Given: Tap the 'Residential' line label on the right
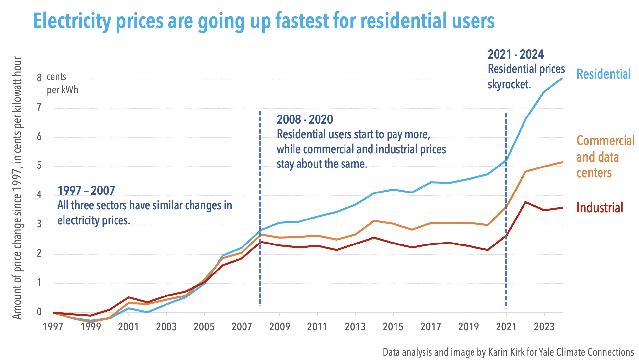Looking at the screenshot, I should point(604,74).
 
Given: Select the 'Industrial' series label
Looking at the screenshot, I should point(600,208).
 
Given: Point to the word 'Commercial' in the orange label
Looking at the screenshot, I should point(605,141).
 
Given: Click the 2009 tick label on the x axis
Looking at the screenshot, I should point(279,327).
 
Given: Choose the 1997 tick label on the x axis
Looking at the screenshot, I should point(53,327).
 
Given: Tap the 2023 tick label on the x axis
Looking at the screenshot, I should point(544,327).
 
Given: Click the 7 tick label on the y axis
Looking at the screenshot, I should point(39,107).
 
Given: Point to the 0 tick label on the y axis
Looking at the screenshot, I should point(39,312).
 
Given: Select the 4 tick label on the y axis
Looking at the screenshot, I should point(39,195).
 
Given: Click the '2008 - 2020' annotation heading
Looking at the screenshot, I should point(305,119).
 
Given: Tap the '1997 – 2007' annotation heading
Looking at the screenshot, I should point(86,191).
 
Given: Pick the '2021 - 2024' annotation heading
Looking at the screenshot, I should point(515,54).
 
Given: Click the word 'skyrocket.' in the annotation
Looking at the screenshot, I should point(509,84).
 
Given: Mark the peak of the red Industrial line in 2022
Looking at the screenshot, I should point(525,202).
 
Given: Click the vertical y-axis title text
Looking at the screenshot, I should point(17,188).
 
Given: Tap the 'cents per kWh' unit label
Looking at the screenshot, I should point(62,83).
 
